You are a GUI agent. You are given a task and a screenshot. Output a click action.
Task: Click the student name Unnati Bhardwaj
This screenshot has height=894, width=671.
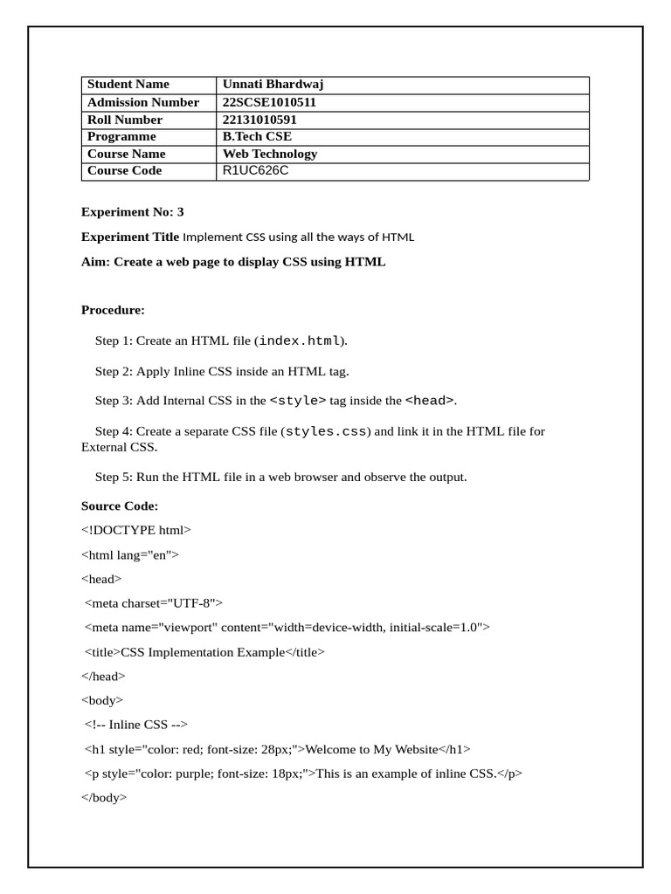coord(273,85)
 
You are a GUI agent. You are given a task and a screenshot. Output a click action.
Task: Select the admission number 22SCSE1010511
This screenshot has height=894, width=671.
coord(269,102)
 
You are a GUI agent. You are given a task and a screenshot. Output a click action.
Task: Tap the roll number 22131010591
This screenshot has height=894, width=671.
coord(259,120)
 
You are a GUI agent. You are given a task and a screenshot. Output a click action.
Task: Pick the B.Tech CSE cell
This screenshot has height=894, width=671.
coord(257,136)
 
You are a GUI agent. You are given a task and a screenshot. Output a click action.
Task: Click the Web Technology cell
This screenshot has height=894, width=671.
coord(270,154)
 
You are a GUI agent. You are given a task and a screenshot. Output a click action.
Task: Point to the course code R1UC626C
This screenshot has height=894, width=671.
coord(255,170)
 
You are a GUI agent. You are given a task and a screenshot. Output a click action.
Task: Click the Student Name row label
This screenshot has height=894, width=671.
coord(128,85)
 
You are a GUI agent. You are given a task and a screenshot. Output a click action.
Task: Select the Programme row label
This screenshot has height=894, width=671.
coord(121,136)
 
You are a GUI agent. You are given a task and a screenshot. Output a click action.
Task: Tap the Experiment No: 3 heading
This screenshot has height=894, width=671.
coord(133,212)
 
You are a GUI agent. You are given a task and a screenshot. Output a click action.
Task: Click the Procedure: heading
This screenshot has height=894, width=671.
coord(113,310)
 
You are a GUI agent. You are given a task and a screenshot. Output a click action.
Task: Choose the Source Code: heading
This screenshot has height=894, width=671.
coord(120,506)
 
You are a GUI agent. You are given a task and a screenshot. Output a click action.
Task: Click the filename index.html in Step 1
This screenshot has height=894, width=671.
coord(299,340)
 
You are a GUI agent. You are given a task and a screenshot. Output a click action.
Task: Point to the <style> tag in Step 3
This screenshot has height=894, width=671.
coord(298,401)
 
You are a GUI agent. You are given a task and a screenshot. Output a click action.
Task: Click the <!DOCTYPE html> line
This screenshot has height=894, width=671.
coord(135,530)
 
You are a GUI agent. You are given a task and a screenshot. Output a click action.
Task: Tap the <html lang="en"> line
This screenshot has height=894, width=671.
coord(130,554)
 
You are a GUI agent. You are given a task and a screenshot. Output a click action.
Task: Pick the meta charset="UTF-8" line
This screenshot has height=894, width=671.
coord(154,602)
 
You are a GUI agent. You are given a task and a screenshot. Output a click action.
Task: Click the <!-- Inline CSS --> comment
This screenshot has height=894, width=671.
coord(136,724)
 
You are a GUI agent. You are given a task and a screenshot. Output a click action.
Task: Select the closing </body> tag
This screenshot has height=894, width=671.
coord(104,797)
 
